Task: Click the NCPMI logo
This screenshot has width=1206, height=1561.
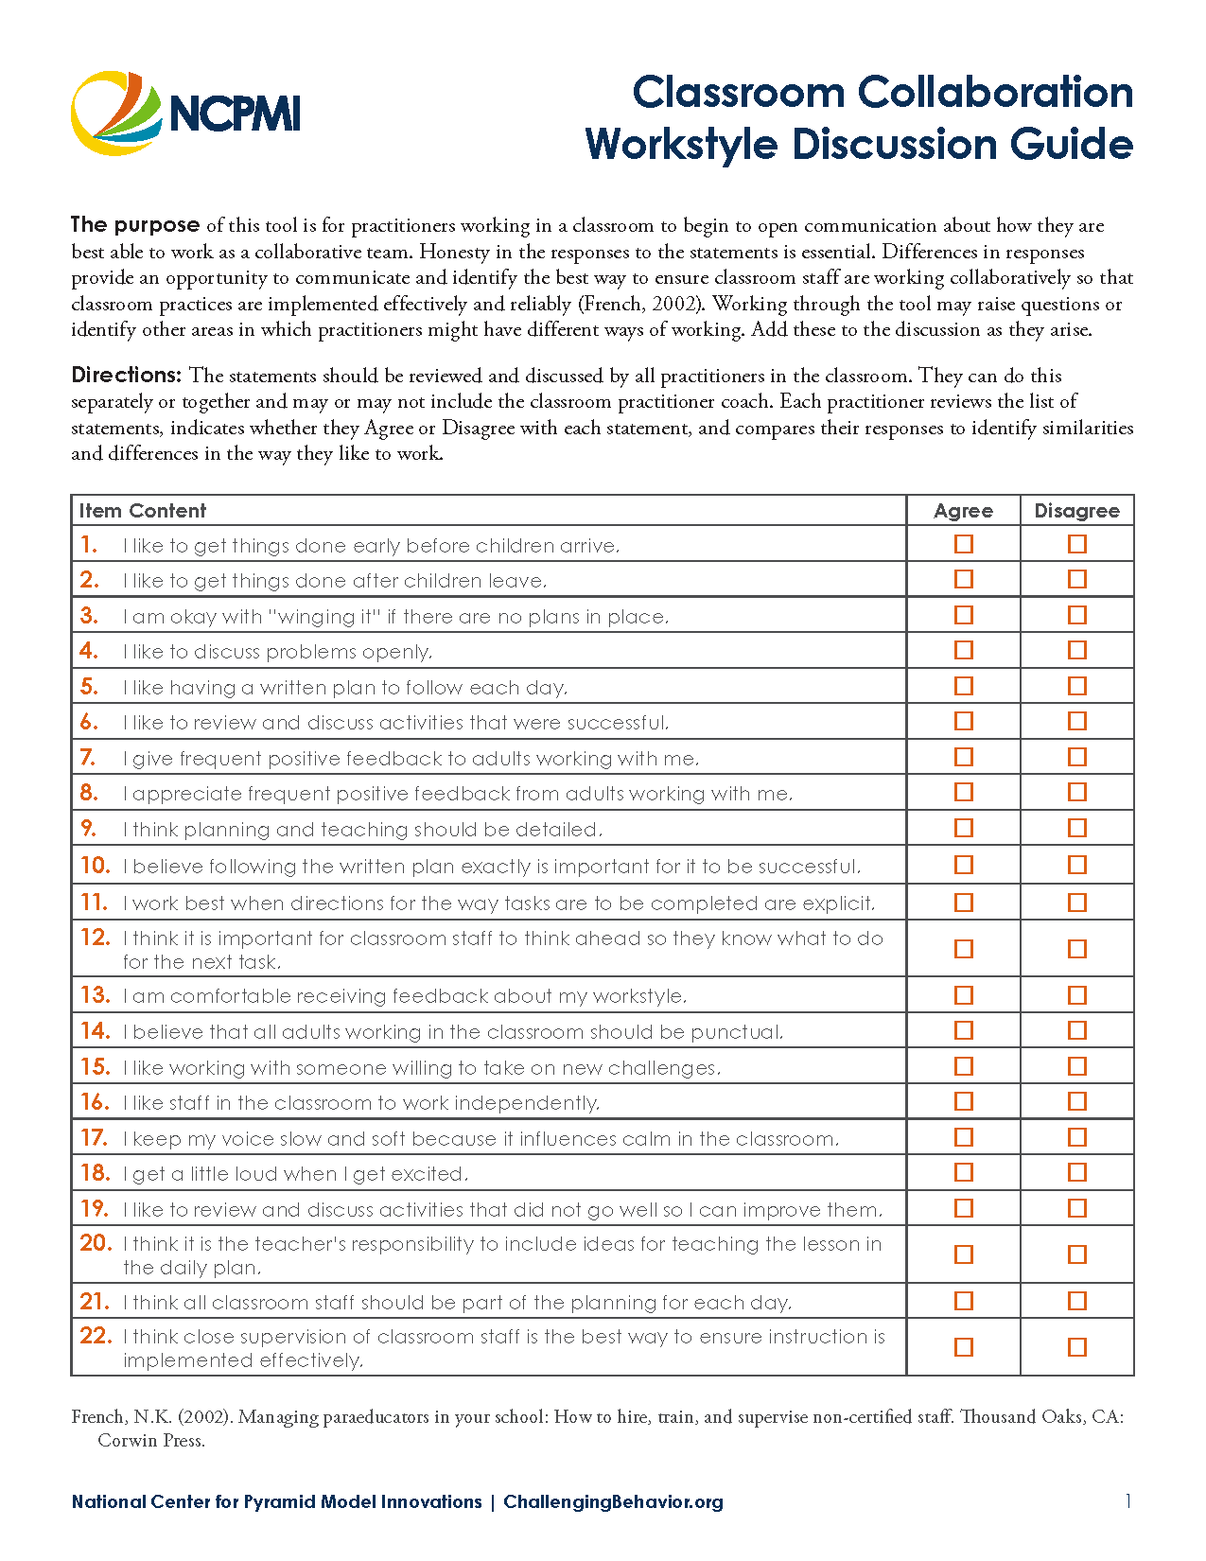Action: pyautogui.click(x=185, y=114)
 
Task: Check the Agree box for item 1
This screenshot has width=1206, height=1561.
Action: pyautogui.click(x=963, y=544)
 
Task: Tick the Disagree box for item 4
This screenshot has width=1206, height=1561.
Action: pyautogui.click(x=1076, y=650)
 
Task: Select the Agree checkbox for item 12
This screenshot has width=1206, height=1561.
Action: pyautogui.click(x=963, y=949)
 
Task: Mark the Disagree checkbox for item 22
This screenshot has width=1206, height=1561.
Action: pyautogui.click(x=1076, y=1346)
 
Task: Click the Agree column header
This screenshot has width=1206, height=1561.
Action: pyautogui.click(x=963, y=511)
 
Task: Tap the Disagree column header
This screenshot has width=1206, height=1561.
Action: pyautogui.click(x=1076, y=511)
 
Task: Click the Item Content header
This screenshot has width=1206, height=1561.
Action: pyautogui.click(x=142, y=511)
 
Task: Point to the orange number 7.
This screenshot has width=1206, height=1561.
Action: pyautogui.click(x=88, y=758)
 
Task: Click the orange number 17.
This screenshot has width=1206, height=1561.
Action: pyautogui.click(x=94, y=1138)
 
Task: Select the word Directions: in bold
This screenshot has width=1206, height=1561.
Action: pyautogui.click(x=126, y=375)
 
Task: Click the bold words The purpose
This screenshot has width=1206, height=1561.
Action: pyautogui.click(x=135, y=225)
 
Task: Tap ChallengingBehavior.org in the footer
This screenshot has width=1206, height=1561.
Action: pyautogui.click(x=613, y=1501)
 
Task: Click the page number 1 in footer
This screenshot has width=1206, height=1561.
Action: pyautogui.click(x=1127, y=1500)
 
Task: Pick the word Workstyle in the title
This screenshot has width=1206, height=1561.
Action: pyautogui.click(x=682, y=145)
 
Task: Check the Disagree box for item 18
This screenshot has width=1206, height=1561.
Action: pyautogui.click(x=1076, y=1172)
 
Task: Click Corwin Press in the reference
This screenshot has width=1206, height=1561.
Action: pyautogui.click(x=150, y=1441)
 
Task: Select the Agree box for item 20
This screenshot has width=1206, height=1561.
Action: pyautogui.click(x=963, y=1254)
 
